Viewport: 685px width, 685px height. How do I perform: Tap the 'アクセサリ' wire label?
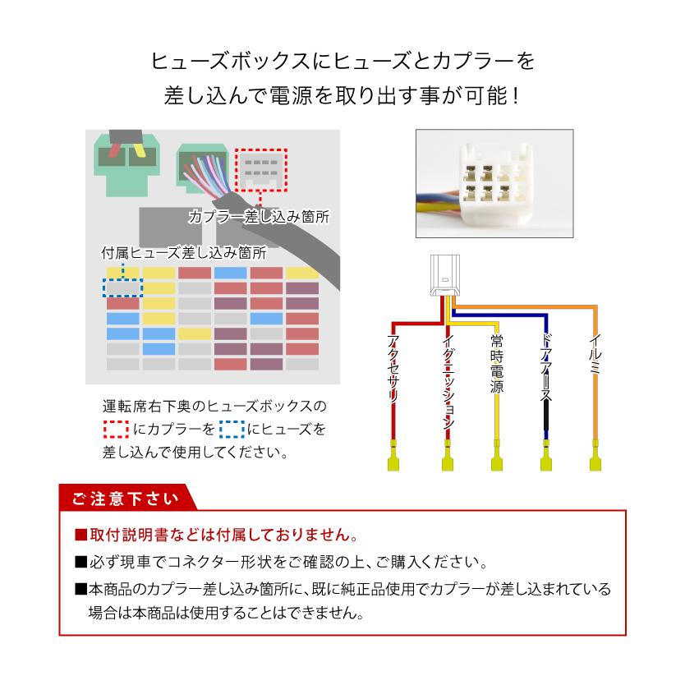point(394,370)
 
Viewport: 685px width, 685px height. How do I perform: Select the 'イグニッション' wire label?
point(448,382)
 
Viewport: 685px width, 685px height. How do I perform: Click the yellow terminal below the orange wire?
point(595,457)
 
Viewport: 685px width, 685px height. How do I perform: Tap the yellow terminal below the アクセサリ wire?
point(394,457)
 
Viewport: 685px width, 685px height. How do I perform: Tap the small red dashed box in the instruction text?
point(117,429)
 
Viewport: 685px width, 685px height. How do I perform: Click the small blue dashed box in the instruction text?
point(233,429)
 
